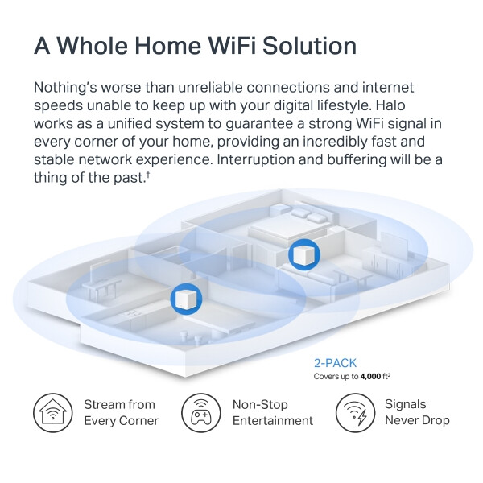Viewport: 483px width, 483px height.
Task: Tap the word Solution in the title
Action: click(310, 46)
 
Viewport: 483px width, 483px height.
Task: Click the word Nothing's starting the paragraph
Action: click(65, 88)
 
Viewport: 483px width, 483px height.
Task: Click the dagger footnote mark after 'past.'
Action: click(148, 175)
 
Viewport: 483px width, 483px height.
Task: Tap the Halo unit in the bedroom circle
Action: click(304, 254)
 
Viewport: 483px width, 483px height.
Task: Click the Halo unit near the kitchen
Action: click(186, 299)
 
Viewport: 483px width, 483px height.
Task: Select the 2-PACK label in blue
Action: click(335, 363)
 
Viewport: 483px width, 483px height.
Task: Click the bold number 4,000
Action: click(370, 377)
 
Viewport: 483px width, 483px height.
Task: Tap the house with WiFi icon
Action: click(53, 413)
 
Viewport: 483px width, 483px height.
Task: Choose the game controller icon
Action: click(200, 413)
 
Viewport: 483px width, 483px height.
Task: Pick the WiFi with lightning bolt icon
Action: click(356, 413)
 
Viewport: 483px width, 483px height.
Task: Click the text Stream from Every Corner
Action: click(121, 413)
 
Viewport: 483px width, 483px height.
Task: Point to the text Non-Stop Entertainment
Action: click(273, 413)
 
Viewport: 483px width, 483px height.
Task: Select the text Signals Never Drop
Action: click(417, 412)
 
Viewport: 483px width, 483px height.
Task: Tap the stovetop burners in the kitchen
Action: click(133, 314)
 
